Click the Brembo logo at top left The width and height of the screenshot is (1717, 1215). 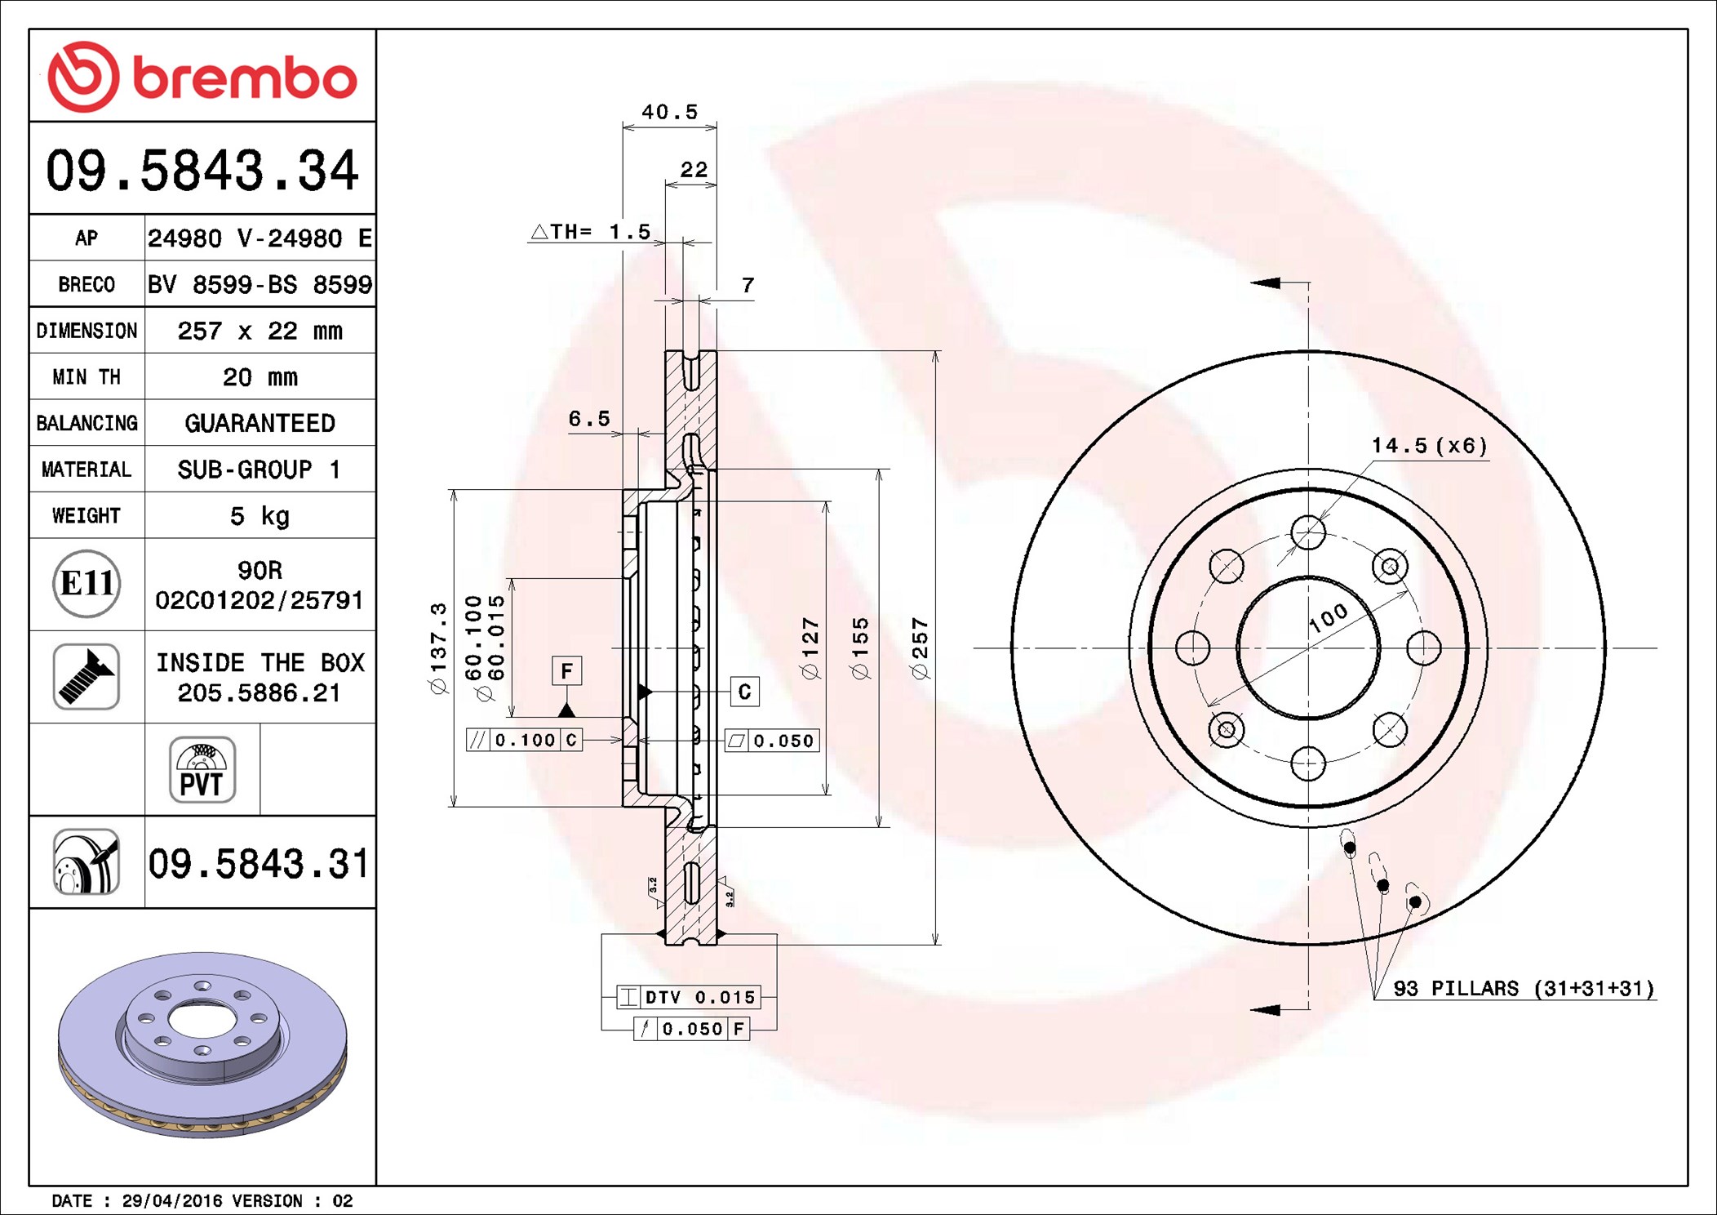click(202, 77)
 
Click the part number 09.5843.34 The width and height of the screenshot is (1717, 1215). click(202, 171)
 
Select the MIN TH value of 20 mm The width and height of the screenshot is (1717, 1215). click(260, 377)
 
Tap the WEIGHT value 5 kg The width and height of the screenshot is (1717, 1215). click(260, 516)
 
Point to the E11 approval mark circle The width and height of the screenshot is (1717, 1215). click(87, 584)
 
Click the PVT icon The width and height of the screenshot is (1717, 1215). click(202, 770)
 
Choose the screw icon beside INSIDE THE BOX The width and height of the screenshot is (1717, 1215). click(87, 676)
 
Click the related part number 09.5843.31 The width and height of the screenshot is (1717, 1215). click(259, 863)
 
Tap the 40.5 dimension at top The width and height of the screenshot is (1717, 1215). click(669, 112)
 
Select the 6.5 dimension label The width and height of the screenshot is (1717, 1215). click(589, 419)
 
